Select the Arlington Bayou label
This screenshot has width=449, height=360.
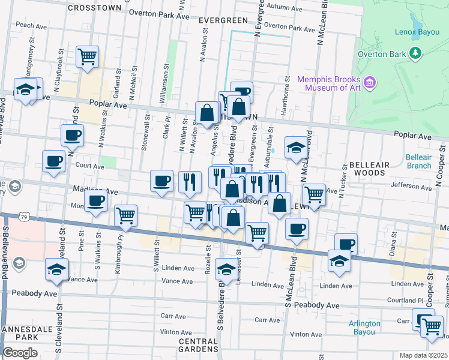(x=364, y=328)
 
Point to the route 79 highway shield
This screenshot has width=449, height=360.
(x=23, y=215)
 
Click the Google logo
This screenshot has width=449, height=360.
(x=20, y=353)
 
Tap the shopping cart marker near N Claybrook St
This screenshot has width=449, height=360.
(x=88, y=57)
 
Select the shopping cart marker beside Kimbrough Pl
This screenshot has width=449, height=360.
(x=125, y=215)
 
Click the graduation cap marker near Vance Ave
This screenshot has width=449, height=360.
(x=56, y=269)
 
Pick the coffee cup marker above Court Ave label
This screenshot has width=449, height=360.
(x=53, y=161)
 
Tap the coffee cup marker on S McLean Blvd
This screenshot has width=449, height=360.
(x=297, y=229)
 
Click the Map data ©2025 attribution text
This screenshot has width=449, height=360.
(x=423, y=355)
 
